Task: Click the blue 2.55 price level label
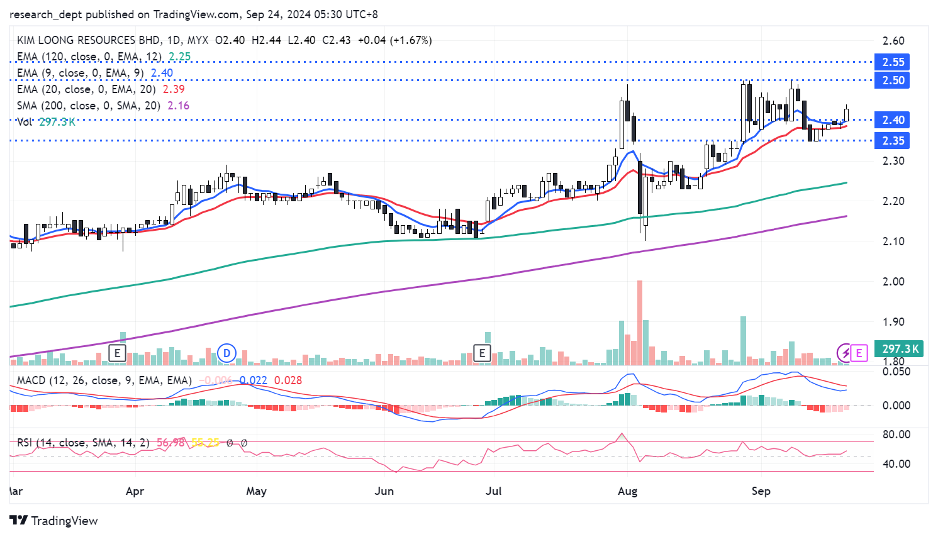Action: [x=893, y=62]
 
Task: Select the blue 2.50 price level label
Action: [x=893, y=80]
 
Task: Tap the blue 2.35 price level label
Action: [x=893, y=141]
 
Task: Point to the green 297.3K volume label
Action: [x=900, y=349]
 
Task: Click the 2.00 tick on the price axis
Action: [x=893, y=282]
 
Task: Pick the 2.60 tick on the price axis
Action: [x=893, y=42]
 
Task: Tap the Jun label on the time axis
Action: [x=384, y=491]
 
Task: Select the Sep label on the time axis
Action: [x=761, y=491]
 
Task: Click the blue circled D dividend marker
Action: [x=226, y=353]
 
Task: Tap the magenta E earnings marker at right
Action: [x=859, y=353]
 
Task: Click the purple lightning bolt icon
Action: [x=845, y=353]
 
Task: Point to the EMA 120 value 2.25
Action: [x=179, y=57]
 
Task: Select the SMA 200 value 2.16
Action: [x=178, y=106]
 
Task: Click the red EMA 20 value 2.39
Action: [x=174, y=89]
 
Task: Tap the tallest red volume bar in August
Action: [x=640, y=322]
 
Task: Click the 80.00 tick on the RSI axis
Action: [x=896, y=435]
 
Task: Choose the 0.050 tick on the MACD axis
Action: [x=896, y=372]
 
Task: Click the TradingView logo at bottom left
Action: [x=54, y=521]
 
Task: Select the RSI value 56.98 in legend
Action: [x=170, y=443]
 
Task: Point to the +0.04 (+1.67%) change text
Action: [x=394, y=40]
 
